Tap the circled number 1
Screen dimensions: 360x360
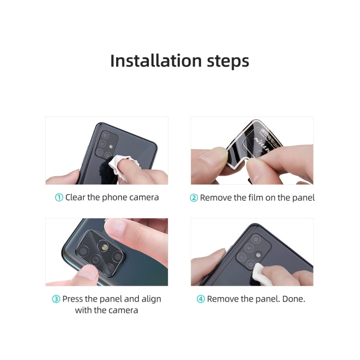coord(59,197)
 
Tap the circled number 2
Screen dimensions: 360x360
coord(194,198)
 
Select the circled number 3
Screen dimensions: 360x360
coord(56,299)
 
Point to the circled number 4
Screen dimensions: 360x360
coord(201,299)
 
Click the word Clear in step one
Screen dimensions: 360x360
coord(76,197)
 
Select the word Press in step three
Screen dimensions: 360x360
coord(72,299)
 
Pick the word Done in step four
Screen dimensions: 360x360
coord(293,299)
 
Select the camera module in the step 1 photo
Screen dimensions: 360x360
coord(107,145)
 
